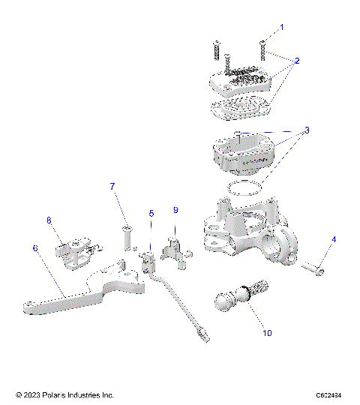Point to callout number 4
334,239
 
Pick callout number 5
151,213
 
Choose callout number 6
34,246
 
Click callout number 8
49,220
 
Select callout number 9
175,210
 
